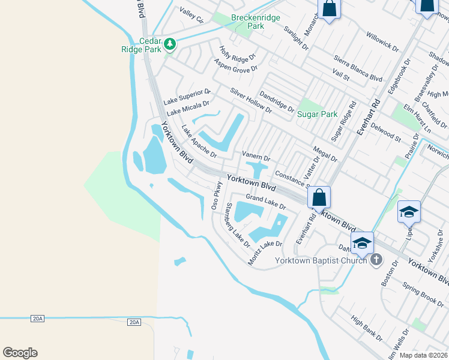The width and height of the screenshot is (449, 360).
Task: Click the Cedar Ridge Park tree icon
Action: [170, 44]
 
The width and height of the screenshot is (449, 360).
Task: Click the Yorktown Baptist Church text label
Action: [321, 260]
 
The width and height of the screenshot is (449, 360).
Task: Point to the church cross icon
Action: [376, 260]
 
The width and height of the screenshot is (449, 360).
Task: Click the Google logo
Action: [20, 353]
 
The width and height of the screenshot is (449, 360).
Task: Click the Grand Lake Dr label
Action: [265, 202]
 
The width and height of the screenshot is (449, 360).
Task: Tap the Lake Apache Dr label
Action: [199, 142]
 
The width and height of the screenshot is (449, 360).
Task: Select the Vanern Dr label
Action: [256, 156]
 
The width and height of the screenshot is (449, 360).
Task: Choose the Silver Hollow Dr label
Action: [251, 101]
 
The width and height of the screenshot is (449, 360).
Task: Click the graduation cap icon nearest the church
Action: [362, 243]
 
